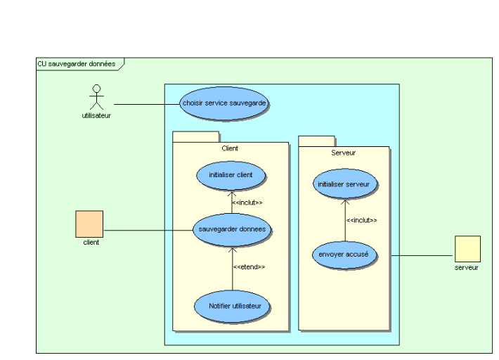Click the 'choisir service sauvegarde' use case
[223, 103]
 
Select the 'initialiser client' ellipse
[232, 174]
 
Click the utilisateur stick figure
[96, 96]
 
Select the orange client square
[89, 224]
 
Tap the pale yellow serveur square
[467, 249]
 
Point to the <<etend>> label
[249, 267]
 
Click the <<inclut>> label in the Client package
[247, 202]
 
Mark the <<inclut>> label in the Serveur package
[361, 220]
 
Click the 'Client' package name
[230, 148]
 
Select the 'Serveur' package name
[343, 152]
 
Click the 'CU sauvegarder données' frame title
[77, 63]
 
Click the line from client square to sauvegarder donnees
[148, 230]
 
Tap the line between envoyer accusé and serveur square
[420, 255]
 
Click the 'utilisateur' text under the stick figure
[96, 116]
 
